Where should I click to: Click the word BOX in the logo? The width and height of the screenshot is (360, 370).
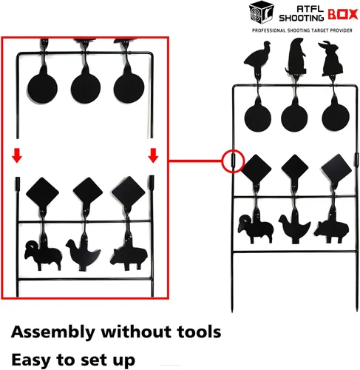tap(342, 15)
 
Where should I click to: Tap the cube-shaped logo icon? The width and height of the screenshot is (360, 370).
tap(262, 13)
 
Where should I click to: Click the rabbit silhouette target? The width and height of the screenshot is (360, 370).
tap(330, 58)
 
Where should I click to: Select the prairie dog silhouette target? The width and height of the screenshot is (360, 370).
tap(296, 56)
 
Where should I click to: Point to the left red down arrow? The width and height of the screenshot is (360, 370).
tap(17, 155)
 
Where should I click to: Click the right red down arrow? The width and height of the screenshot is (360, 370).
tap(153, 155)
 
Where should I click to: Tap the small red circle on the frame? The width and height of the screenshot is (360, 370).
tap(233, 161)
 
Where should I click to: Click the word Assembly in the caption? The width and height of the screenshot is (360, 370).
tap(53, 332)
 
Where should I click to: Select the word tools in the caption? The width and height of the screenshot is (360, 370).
tap(199, 332)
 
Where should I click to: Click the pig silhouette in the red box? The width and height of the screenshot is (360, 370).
tap(129, 257)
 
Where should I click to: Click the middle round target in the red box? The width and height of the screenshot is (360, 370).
tap(86, 88)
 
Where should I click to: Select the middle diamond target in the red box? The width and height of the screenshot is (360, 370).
tap(88, 192)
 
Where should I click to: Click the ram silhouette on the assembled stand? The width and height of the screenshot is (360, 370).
tap(255, 229)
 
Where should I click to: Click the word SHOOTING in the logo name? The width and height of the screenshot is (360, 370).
tap(301, 18)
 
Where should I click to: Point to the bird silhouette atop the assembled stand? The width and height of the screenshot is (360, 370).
tap(257, 57)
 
